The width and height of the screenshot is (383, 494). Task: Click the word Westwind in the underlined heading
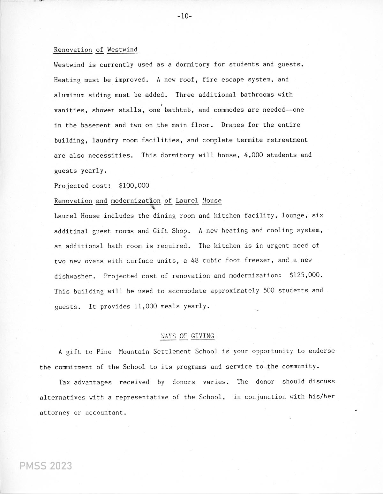(122, 49)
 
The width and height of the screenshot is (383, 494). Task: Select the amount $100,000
(134, 185)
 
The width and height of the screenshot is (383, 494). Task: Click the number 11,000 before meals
(146, 306)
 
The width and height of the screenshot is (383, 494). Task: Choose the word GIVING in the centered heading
(203, 336)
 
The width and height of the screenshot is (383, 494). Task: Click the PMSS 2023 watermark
(46, 466)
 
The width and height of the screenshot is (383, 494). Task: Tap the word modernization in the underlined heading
(136, 201)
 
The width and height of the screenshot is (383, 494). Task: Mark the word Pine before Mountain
(104, 352)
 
